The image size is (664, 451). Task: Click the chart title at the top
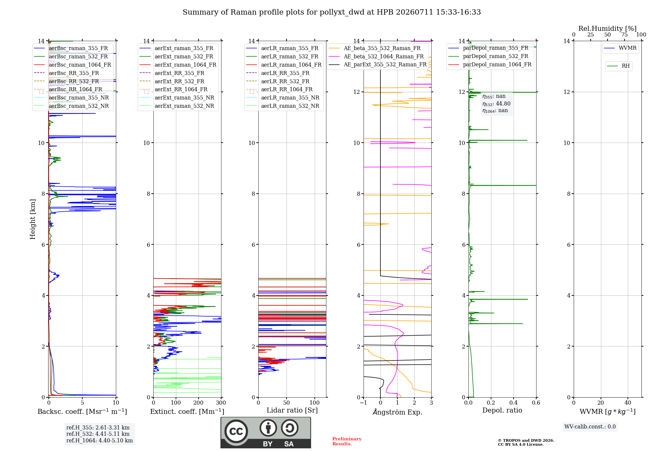coord(332,12)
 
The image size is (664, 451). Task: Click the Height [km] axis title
coord(33,219)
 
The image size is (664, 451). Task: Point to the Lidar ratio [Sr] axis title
coord(292,410)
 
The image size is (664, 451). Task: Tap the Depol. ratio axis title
coord(502,410)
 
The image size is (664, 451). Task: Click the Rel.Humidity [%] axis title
coord(608,29)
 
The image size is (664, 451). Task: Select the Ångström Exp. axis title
coord(397,412)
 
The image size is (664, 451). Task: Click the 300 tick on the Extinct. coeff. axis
coord(221,403)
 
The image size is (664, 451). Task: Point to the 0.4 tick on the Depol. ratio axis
coord(514,403)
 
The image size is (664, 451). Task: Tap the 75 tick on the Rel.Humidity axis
coord(624,35)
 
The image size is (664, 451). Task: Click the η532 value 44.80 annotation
coord(496,103)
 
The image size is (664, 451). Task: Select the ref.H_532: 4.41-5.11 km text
coord(98,434)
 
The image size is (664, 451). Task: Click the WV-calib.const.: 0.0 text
coord(590,427)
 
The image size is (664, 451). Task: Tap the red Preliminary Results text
coord(347,441)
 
